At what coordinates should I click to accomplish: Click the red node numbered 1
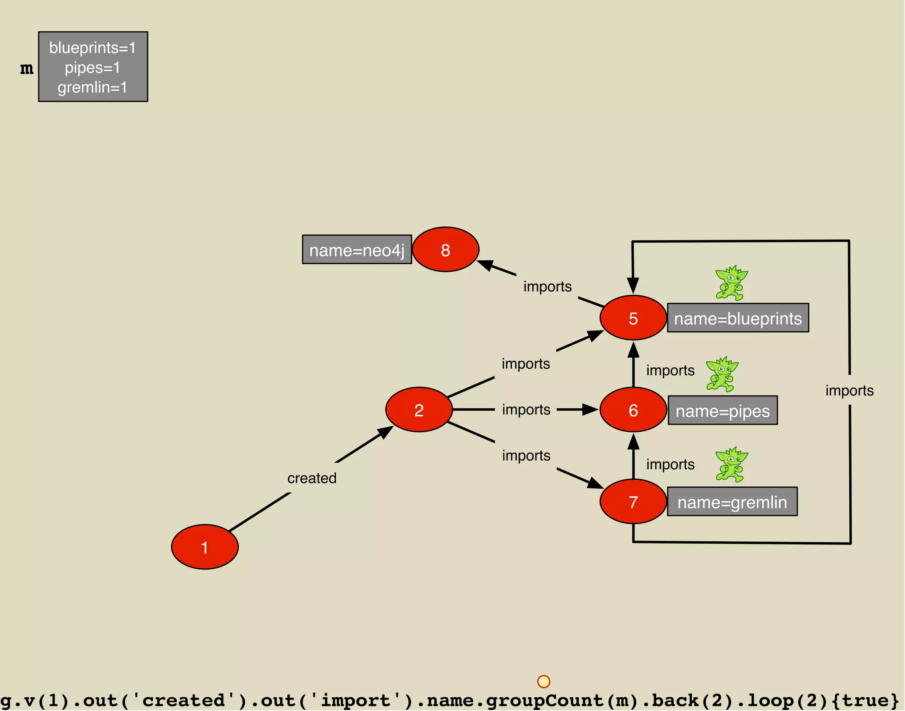pos(205,547)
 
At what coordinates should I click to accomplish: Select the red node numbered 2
pos(419,410)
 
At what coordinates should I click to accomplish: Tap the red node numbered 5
pos(633,318)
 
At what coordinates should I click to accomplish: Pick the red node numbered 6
pos(633,410)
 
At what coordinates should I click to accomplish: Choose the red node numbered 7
pos(633,502)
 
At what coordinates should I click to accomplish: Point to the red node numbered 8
pos(445,250)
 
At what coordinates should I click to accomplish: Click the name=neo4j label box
pos(357,250)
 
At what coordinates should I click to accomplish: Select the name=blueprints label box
pos(738,318)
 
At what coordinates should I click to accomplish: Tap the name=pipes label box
pos(722,411)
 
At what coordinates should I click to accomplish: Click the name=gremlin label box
pos(732,502)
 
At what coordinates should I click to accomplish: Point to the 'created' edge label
pos(312,478)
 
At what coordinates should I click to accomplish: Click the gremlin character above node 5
pos(731,283)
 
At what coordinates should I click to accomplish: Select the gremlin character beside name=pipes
pos(722,374)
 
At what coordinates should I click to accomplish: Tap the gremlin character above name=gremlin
pos(731,464)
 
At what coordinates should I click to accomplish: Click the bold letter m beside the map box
pos(27,68)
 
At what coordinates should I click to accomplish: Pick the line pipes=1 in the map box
pos(92,68)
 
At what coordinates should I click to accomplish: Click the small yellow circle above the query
pos(544,681)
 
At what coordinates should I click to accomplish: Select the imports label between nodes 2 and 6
pos(526,410)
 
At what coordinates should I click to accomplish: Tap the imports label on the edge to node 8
pos(548,286)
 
